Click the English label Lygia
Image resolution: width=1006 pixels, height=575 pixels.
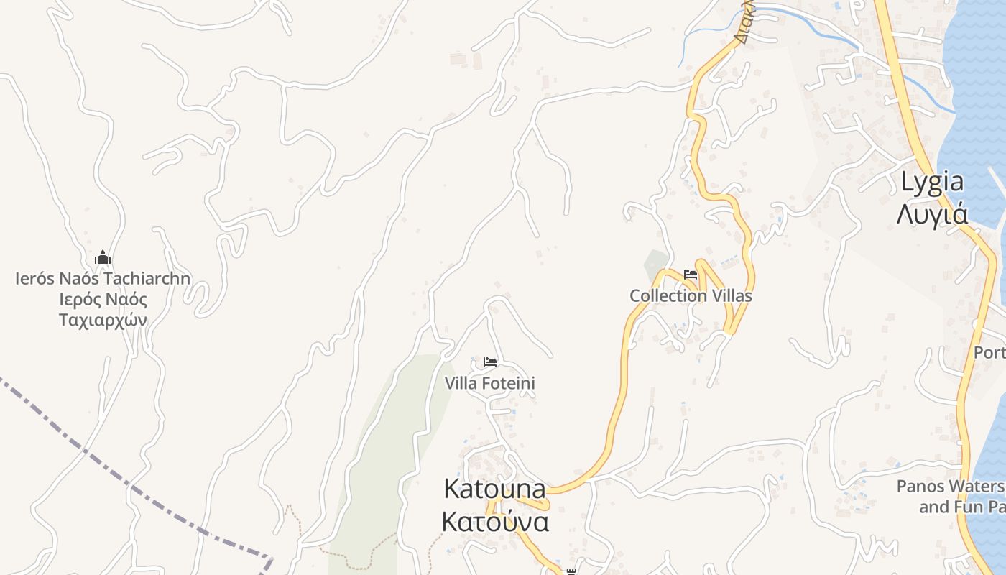coord(932,183)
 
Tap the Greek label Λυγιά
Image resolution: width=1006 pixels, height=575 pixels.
coord(932,214)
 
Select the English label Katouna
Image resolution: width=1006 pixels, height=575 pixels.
coord(494,489)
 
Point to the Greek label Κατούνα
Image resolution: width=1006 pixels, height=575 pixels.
coord(495,521)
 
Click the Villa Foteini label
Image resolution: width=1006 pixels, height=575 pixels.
coord(489,383)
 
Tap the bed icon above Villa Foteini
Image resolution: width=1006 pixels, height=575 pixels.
coord(490,362)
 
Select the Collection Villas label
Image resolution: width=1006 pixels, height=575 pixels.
coord(691,295)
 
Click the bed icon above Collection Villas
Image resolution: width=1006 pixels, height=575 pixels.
coord(691,275)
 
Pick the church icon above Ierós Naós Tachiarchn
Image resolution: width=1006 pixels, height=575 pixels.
coord(103,257)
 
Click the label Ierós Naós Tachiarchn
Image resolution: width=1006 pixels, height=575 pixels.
coord(103,278)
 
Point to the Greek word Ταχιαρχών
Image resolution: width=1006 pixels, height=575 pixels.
coord(103,319)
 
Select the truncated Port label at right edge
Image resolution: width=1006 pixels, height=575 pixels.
coord(989,353)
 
